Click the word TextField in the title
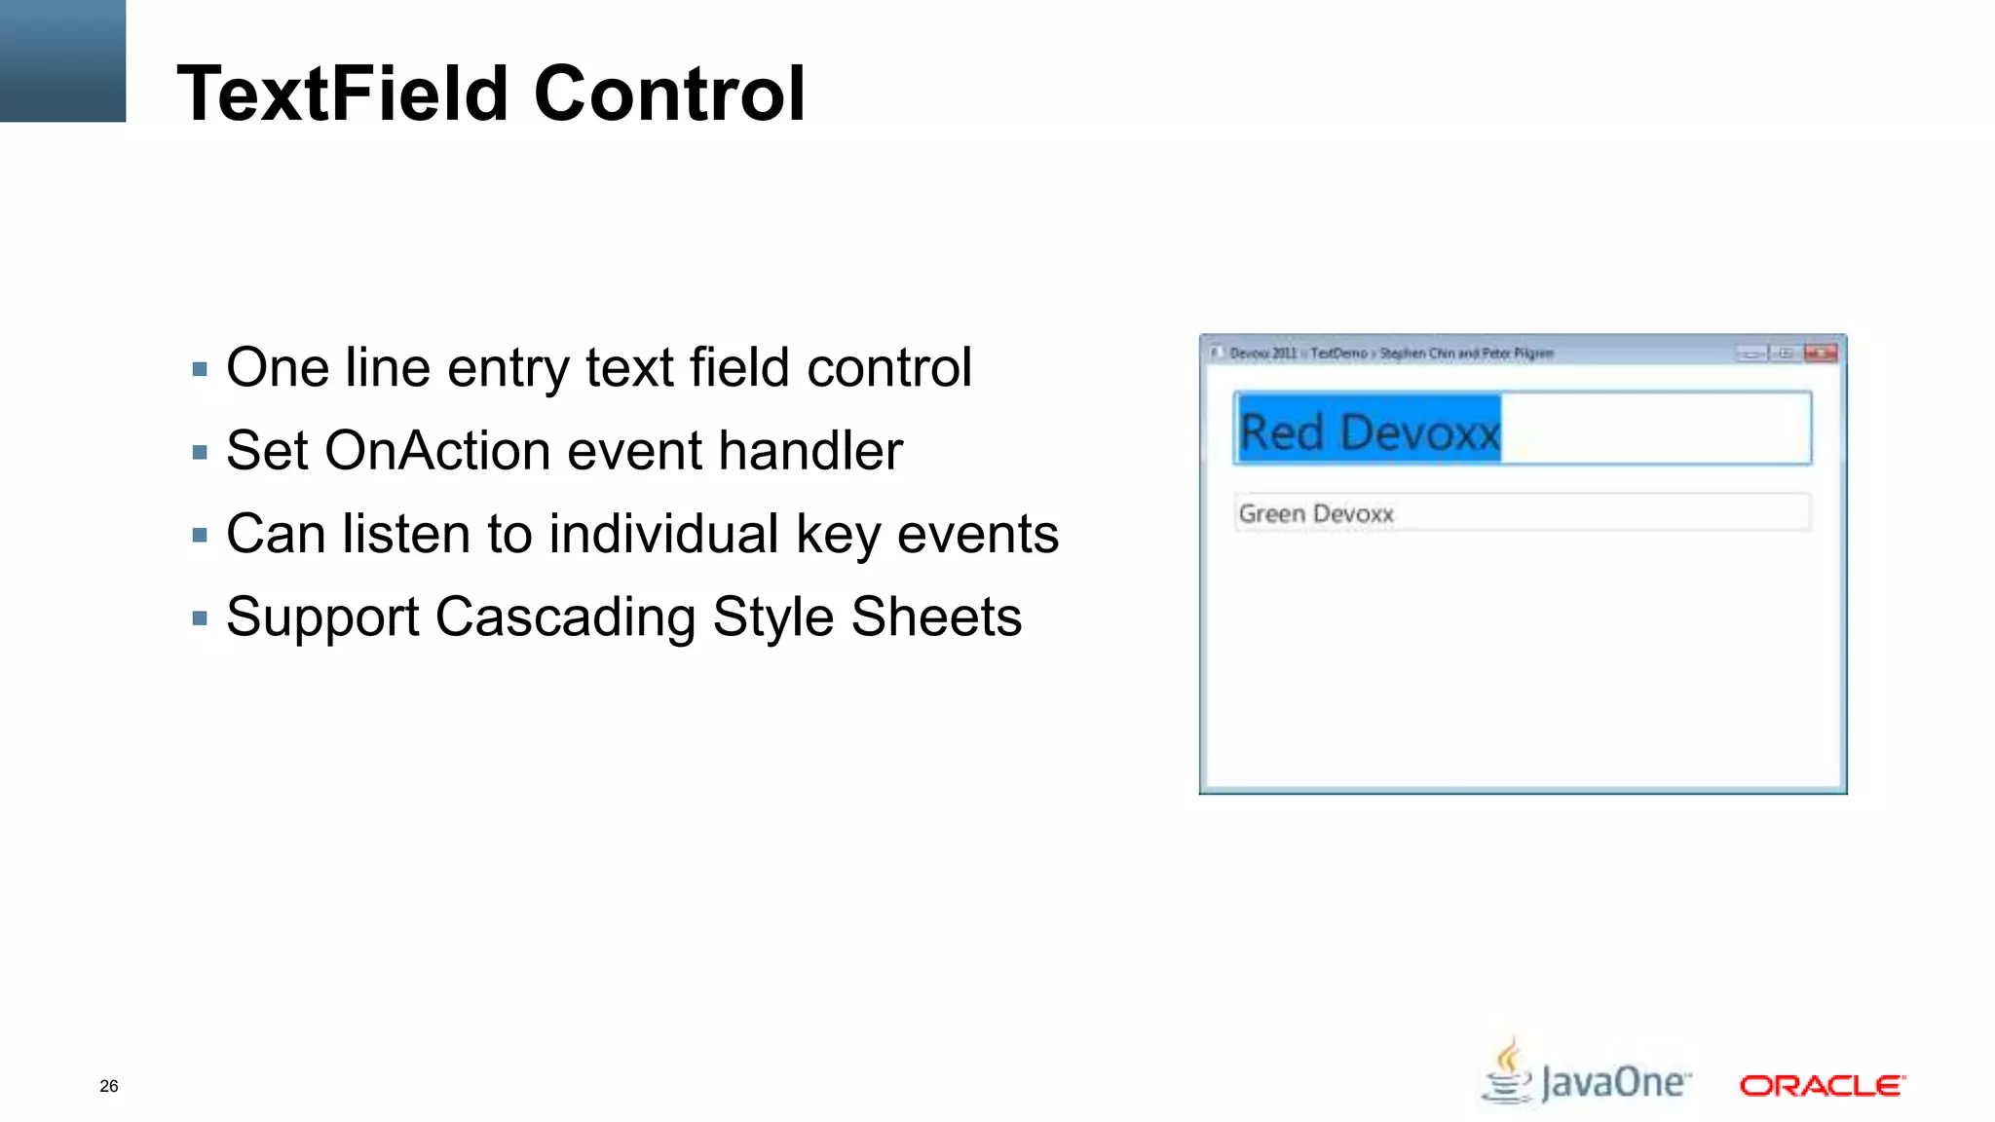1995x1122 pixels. point(342,93)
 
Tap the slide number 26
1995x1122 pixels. point(109,1086)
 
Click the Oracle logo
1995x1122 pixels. point(1822,1085)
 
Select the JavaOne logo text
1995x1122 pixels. point(1615,1083)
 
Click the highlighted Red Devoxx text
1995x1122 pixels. point(1369,431)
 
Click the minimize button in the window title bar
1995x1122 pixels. point(1751,354)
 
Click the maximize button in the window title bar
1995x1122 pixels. point(1786,354)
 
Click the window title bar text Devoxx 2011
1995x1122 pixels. point(1262,354)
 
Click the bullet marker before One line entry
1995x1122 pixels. point(200,369)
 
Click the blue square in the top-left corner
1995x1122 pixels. point(62,60)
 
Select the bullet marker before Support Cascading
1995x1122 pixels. point(200,617)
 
